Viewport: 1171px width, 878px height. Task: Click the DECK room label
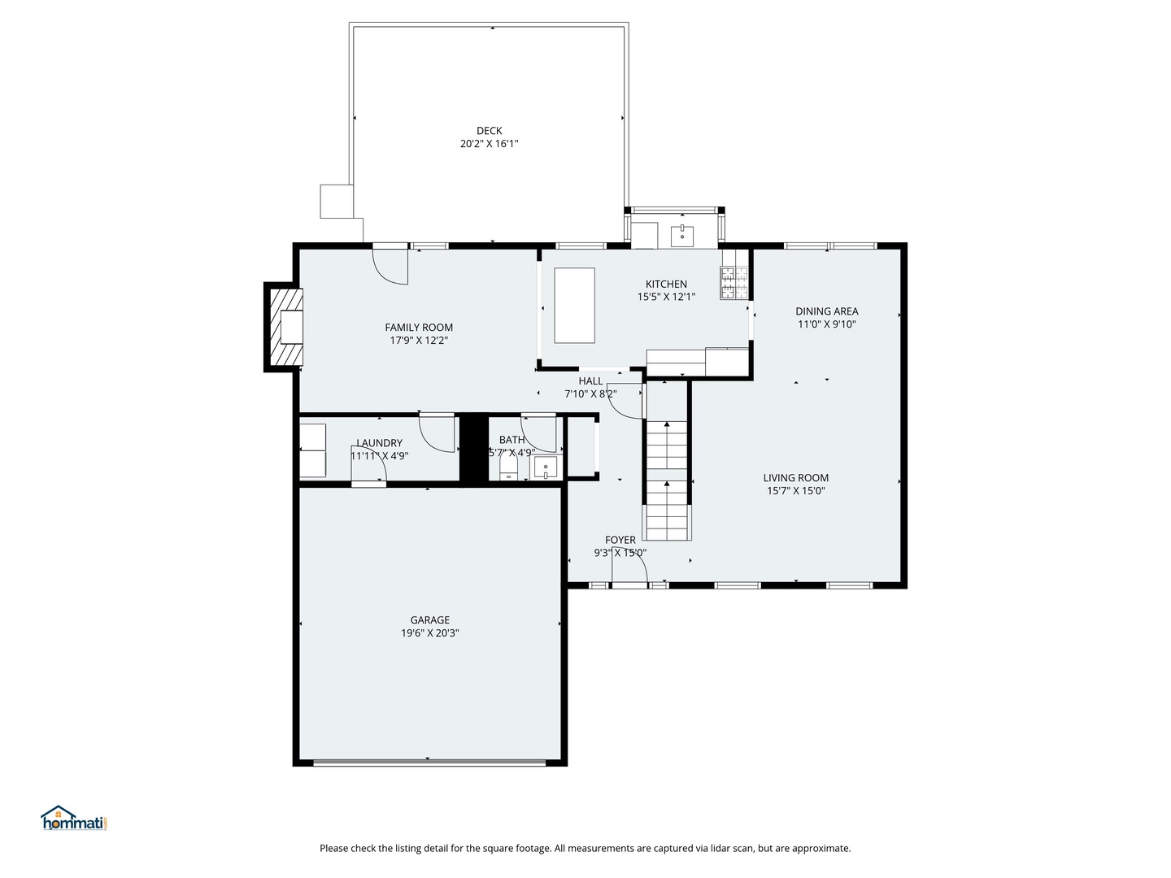pos(489,131)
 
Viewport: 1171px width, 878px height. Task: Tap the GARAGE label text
pos(429,620)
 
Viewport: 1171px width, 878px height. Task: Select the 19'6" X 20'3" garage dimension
pos(429,633)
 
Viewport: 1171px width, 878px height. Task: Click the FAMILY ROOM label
pos(419,328)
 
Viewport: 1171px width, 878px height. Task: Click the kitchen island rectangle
pos(574,306)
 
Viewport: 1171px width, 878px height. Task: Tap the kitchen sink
pos(681,236)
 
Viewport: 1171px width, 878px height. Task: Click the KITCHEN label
pos(666,285)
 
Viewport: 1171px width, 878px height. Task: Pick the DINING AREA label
pos(826,311)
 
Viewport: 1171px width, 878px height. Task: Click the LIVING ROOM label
pos(795,478)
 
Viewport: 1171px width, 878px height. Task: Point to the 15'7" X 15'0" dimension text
pos(795,491)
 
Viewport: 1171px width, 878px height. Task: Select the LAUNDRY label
pos(379,443)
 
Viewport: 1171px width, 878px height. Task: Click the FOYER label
pos(620,540)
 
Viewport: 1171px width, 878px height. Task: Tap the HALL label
pos(590,381)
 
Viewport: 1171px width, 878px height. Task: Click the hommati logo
pos(75,819)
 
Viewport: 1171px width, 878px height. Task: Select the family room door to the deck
pos(390,264)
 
